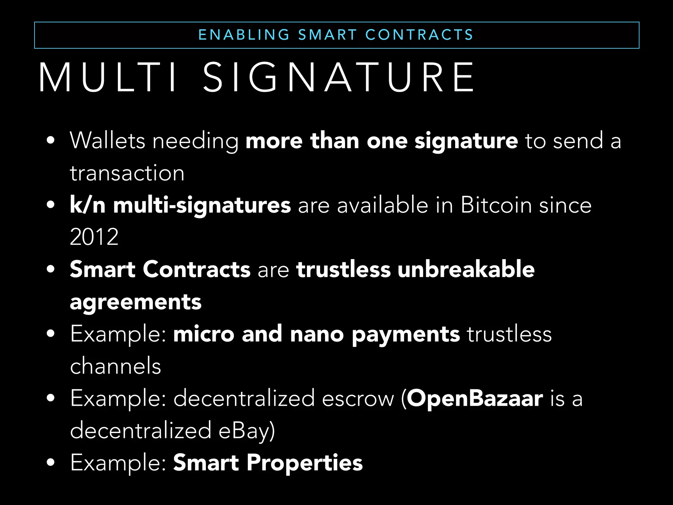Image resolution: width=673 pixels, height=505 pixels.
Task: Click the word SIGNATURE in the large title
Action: [x=338, y=78]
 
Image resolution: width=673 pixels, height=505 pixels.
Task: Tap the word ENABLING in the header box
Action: [x=244, y=35]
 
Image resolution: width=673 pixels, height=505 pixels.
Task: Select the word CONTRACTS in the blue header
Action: [x=419, y=35]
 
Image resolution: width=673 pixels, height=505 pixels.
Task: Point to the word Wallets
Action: [x=107, y=141]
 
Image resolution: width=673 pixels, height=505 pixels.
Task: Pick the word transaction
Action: [x=127, y=173]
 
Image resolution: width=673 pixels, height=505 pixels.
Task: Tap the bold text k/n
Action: [x=87, y=205]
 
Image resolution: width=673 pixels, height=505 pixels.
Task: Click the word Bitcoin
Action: [x=496, y=205]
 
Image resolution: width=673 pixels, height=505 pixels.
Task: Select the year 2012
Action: [x=94, y=237]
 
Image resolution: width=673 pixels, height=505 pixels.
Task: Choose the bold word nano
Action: [x=317, y=334]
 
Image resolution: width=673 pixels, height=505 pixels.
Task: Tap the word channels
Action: [x=116, y=366]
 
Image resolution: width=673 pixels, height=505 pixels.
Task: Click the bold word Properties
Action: [x=305, y=463]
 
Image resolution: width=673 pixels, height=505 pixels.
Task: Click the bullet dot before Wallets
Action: [x=51, y=141]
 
